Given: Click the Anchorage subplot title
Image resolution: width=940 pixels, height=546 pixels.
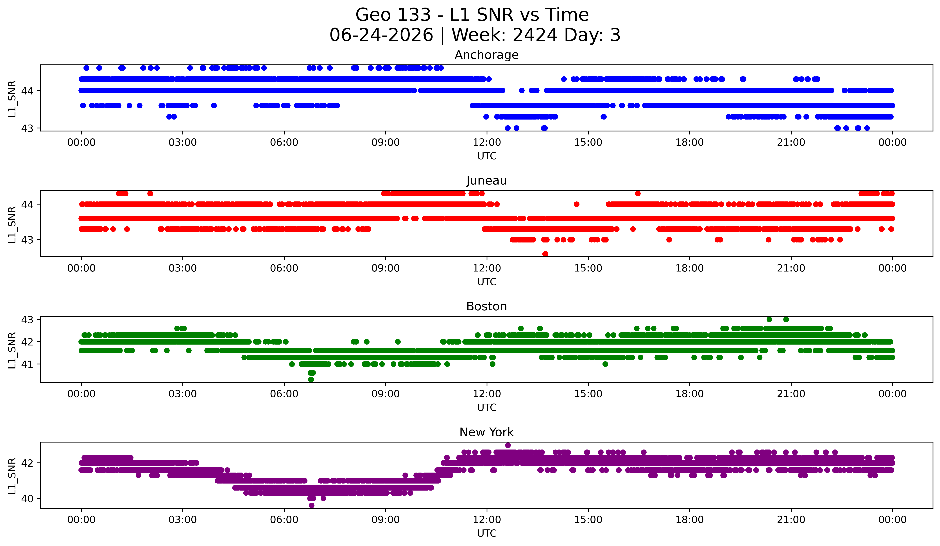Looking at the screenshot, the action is [486, 55].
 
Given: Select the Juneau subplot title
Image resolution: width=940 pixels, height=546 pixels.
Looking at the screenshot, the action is [486, 181].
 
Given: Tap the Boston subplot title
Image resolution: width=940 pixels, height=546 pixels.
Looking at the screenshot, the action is [486, 306].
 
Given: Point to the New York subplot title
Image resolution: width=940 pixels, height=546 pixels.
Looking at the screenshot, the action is [486, 432].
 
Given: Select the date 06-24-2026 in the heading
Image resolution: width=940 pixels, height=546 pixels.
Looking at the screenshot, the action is [381, 35].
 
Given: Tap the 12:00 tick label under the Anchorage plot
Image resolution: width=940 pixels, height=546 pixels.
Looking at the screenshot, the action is [487, 142].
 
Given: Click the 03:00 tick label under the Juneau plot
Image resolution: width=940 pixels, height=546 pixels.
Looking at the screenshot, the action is [183, 268].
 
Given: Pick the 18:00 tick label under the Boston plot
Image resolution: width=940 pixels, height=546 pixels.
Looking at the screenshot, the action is [689, 394].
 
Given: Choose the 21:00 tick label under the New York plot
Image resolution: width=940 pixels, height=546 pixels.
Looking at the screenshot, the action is [791, 520].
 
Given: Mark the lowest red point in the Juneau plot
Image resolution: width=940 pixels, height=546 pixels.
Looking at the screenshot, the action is [545, 254].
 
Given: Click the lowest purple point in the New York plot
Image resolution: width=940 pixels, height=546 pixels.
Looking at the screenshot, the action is [311, 505].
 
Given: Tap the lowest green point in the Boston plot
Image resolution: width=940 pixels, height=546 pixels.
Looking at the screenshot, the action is [311, 379].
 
